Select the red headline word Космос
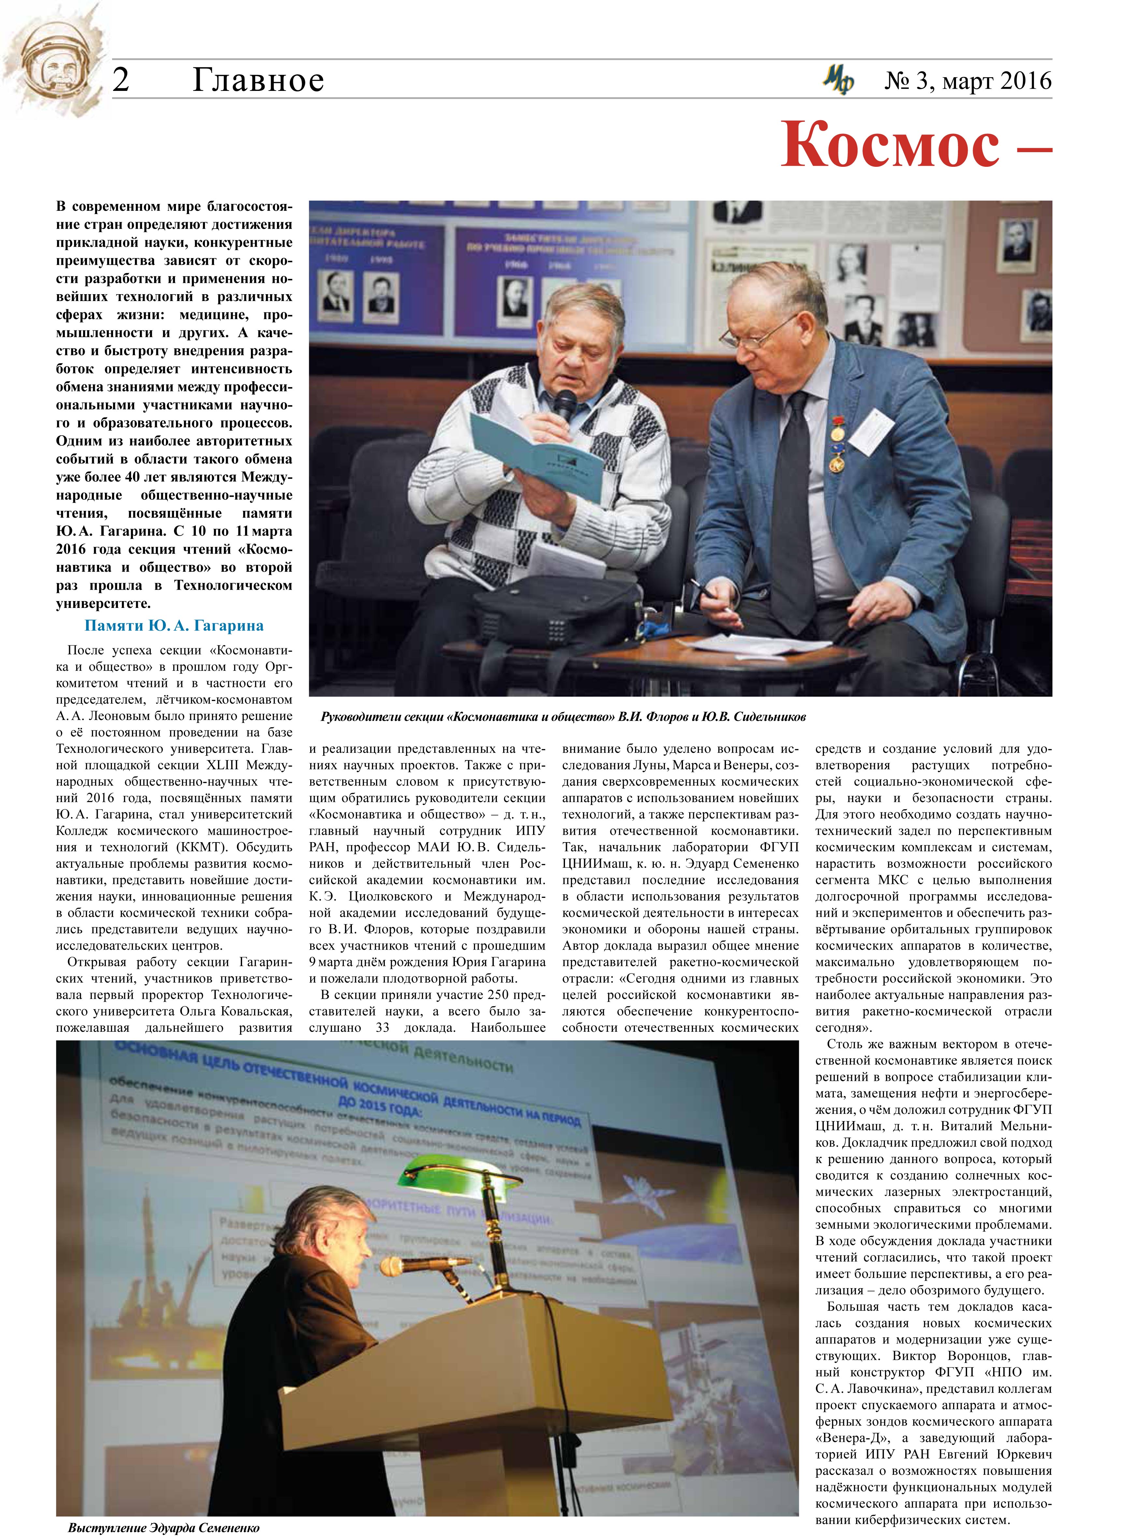pyautogui.click(x=889, y=145)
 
